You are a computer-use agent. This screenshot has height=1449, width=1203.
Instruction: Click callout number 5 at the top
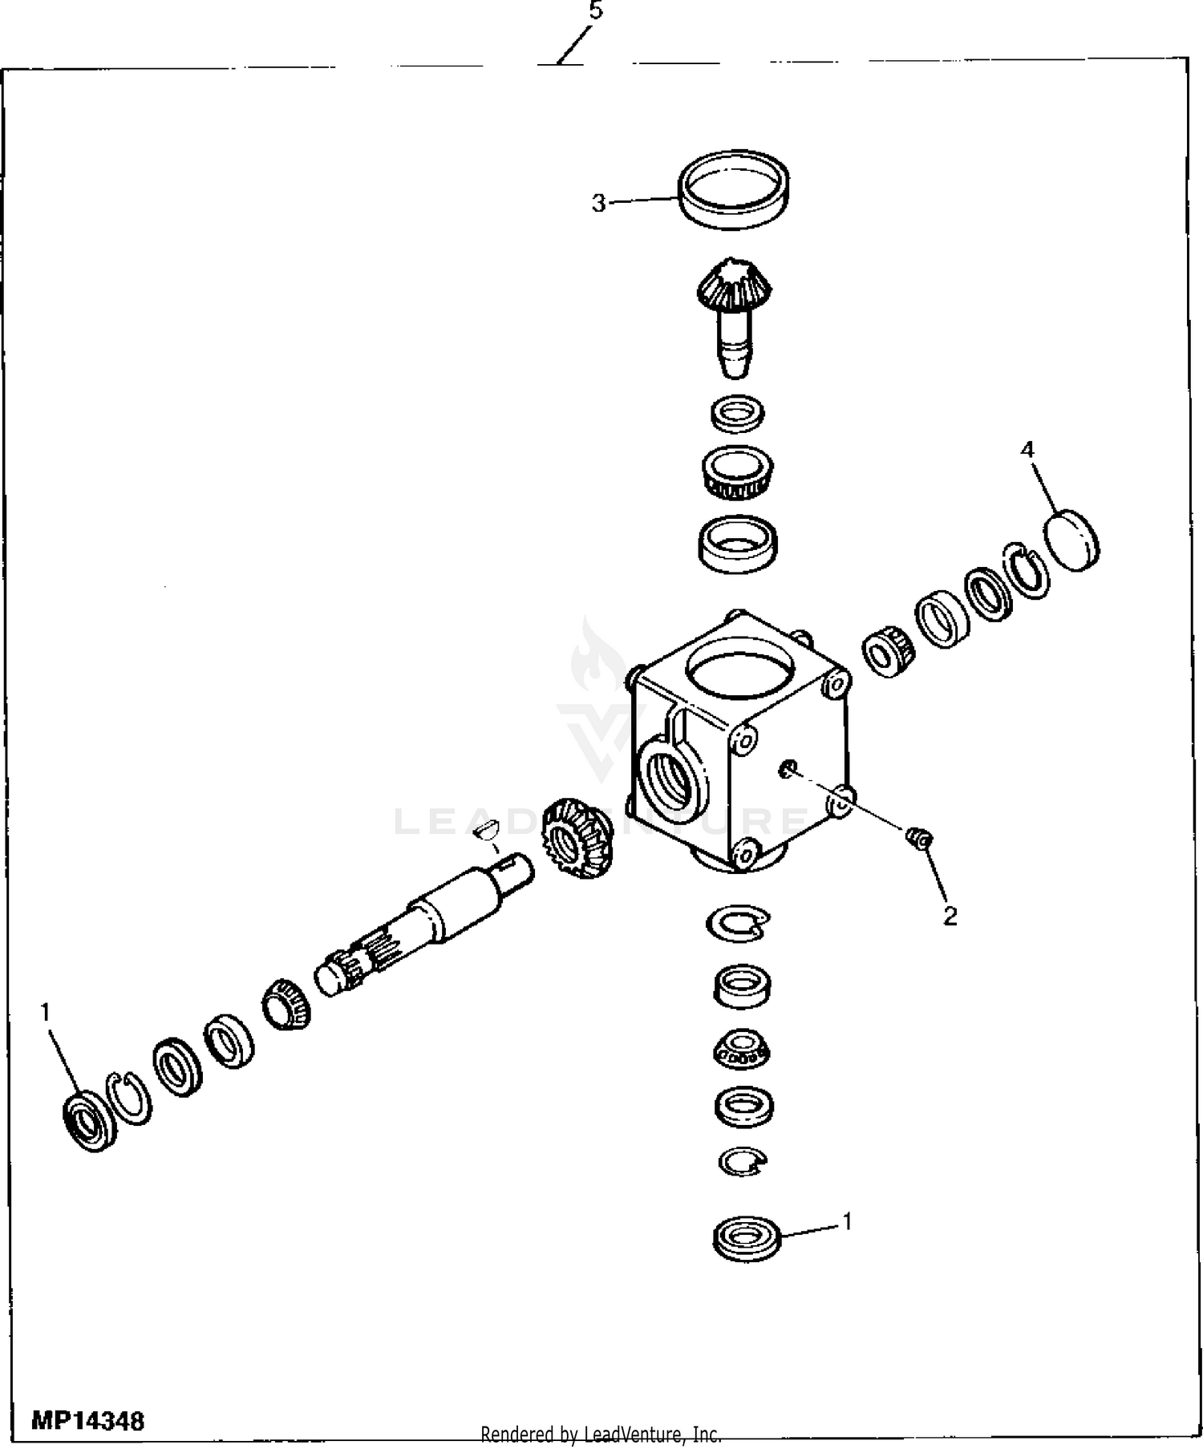(x=595, y=11)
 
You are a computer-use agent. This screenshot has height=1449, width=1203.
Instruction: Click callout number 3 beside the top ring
(x=599, y=204)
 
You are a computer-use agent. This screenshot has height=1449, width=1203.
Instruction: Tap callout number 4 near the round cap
(x=1027, y=450)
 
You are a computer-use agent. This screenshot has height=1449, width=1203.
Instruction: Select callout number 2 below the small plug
(x=950, y=916)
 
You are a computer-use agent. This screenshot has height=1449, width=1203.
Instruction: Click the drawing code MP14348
(x=88, y=1422)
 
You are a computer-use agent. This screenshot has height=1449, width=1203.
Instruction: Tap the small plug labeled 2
(x=917, y=838)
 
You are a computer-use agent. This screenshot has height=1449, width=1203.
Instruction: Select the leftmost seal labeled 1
(x=90, y=1121)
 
